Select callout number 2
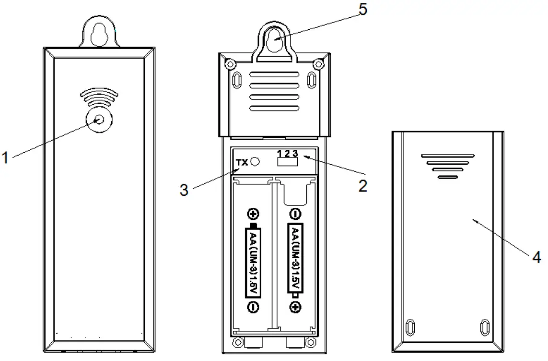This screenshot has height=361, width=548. [x=363, y=186]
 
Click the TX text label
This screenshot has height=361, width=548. [x=243, y=163]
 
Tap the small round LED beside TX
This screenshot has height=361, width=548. [x=255, y=162]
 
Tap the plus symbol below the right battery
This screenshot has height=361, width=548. [x=296, y=306]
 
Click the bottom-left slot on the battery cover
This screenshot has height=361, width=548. [x=409, y=327]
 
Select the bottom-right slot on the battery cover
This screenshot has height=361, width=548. [x=484, y=327]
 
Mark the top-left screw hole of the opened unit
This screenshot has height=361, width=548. [x=230, y=64]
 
